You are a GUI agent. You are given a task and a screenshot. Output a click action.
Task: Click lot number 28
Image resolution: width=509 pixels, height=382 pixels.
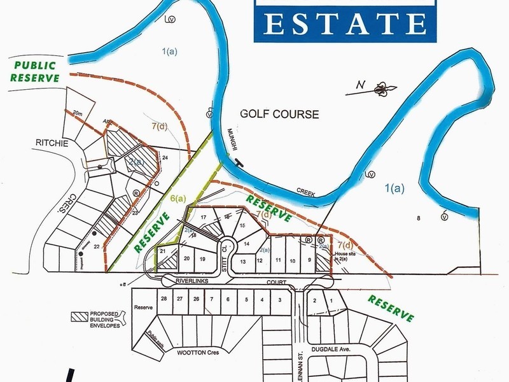coord(164,299)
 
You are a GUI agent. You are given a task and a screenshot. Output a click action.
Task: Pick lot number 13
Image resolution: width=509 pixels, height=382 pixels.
coord(242,261)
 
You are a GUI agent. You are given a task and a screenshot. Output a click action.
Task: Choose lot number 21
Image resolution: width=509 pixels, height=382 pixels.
coord(164,252)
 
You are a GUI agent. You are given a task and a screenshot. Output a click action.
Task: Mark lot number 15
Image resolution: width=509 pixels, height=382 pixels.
coord(242,226)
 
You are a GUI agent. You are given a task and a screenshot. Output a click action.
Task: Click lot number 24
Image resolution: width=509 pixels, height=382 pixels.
coord(165,157)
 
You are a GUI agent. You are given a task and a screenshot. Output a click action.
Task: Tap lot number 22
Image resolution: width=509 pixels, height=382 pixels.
coord(97,246)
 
